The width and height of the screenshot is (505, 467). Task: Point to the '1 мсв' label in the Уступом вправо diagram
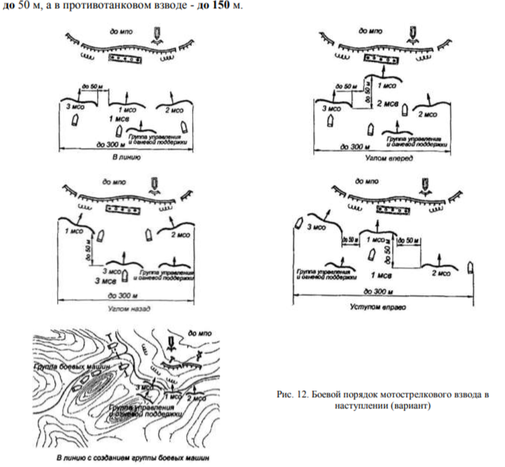pyautogui.click(x=382, y=275)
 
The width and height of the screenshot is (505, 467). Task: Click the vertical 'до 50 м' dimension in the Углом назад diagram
pyautogui.click(x=88, y=248)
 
